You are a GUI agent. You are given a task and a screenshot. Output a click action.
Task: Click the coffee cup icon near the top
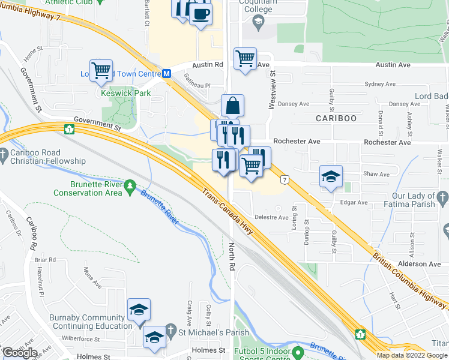pos(200,14)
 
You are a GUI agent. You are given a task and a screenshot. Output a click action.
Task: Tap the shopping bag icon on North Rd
pos(232,106)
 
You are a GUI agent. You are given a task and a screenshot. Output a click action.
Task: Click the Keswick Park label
pos(118,94)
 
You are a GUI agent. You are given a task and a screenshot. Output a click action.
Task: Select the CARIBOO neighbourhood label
pos(336,118)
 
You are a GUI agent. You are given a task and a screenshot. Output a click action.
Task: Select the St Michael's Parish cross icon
pos(170,331)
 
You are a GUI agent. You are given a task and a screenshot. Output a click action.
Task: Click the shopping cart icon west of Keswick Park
pos(101,70)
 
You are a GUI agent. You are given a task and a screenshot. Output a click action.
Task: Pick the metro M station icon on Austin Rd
pos(167,73)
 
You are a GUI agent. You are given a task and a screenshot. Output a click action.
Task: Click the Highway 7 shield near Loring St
pos(284,179)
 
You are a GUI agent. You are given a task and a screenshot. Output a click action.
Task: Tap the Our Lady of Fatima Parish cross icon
pos(442,196)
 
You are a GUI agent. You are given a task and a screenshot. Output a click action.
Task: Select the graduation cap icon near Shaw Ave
pos(331,176)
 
